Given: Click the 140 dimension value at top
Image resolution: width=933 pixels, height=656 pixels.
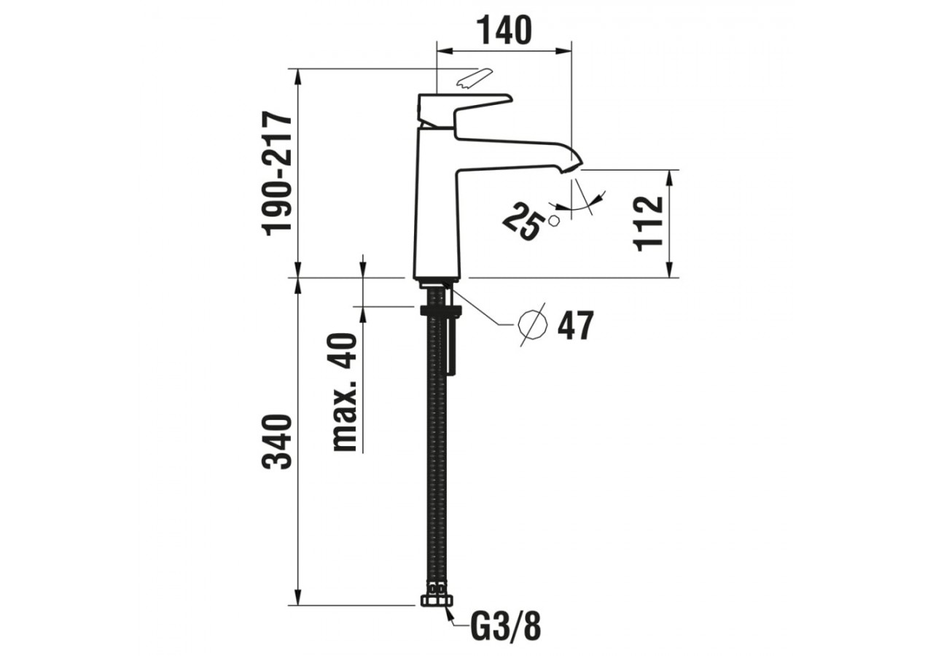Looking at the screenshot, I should click(504, 31).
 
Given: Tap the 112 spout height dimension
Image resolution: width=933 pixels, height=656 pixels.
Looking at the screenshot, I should click(649, 223).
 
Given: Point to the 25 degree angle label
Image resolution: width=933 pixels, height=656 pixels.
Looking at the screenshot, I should click(523, 222).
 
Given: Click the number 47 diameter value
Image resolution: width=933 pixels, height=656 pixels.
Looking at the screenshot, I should click(575, 326).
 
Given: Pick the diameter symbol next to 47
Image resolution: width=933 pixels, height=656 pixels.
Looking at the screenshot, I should click(532, 325).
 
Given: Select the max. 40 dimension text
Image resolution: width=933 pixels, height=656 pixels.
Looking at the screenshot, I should click(345, 391).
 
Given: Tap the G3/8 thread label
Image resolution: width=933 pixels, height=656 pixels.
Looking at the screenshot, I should click(506, 626).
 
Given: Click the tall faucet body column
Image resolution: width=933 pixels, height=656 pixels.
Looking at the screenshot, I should click(436, 204).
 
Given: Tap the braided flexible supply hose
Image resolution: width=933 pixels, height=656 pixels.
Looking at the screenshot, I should click(437, 452).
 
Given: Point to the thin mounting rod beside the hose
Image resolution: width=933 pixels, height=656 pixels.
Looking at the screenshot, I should click(452, 343).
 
